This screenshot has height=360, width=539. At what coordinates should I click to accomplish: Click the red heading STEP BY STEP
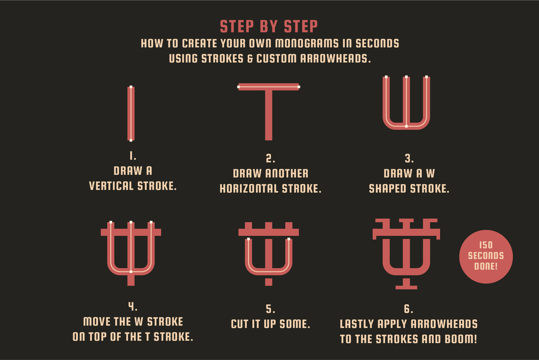(269, 26)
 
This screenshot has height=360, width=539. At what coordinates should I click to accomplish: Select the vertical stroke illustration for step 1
(131, 114)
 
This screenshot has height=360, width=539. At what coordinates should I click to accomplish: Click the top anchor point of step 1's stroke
(131, 87)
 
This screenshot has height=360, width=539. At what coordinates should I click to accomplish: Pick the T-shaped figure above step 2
(269, 112)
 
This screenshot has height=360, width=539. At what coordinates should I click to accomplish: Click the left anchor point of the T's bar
(239, 87)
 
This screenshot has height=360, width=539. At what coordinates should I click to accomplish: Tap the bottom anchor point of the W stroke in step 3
(407, 126)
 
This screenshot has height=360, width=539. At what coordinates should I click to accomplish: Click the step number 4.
(132, 306)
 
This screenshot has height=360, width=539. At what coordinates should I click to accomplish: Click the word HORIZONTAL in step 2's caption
(249, 188)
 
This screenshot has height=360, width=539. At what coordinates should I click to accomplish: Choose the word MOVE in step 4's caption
(97, 322)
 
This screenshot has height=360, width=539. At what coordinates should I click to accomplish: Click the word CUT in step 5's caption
(240, 324)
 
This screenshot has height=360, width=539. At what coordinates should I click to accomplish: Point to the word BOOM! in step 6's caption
(461, 339)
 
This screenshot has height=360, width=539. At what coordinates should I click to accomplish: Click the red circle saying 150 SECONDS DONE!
(486, 256)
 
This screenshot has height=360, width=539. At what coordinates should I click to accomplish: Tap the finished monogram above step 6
(407, 254)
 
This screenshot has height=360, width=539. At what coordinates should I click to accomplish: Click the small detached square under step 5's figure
(269, 282)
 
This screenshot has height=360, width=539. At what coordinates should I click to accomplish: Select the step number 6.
(408, 309)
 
